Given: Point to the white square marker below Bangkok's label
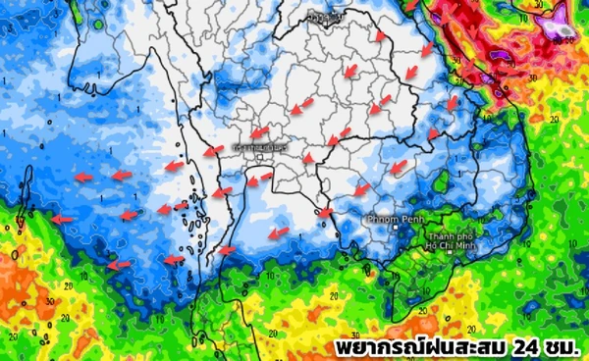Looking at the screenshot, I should (x=260, y=154).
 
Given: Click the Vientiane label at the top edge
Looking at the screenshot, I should (x=319, y=16).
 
